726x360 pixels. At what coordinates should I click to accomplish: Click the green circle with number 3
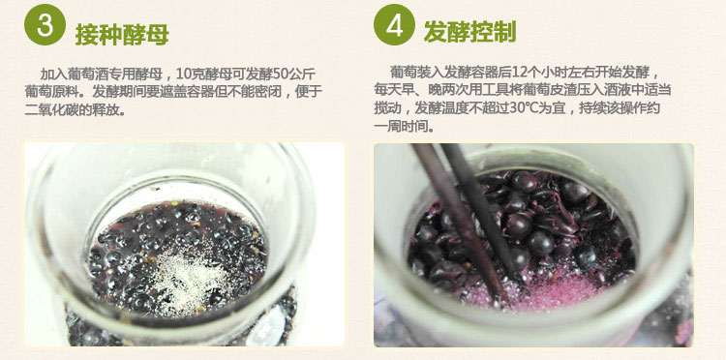pyautogui.click(x=45, y=24)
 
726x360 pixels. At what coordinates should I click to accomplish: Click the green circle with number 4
pyautogui.click(x=395, y=24)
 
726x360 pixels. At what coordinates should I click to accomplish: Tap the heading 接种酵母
pyautogui.click(x=122, y=34)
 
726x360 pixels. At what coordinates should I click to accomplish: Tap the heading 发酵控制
pyautogui.click(x=469, y=32)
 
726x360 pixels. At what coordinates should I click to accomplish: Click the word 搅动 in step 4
pyautogui.click(x=387, y=108)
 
